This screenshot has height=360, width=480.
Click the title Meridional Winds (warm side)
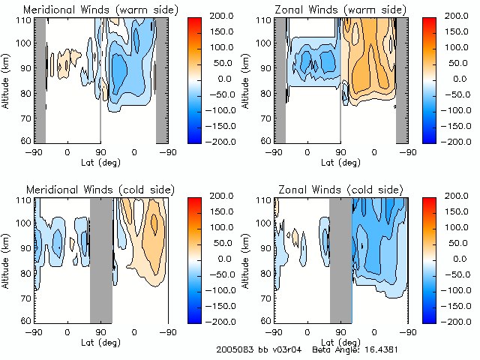coord(101,10)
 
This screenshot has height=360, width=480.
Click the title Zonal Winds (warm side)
coord(335,10)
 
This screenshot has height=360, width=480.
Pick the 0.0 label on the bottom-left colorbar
coord(213,258)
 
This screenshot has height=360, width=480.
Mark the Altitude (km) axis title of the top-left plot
coord(6,80)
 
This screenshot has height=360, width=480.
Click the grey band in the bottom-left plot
coord(100,259)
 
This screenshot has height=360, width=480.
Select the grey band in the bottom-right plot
coord(340,259)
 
